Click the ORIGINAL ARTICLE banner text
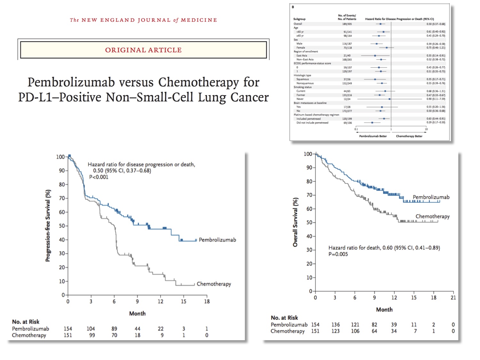pos(143,50)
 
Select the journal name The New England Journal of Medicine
pos(143,20)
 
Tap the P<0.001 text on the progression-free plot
pos(99,177)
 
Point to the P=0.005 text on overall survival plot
pos(338,254)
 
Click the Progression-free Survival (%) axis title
pos(48,226)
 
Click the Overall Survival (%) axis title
pos(295,222)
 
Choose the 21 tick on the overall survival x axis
pos(453,298)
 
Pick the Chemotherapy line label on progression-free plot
pos(214,284)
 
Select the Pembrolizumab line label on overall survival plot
pos(431,197)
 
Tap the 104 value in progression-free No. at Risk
pos(91,329)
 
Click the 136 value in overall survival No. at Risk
pos(335,324)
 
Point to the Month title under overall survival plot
pos(384,309)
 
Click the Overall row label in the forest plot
pos(298,24)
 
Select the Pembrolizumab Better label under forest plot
pos(373,136)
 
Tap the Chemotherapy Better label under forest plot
pos(409,136)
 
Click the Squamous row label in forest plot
pos(302,79)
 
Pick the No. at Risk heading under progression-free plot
pos(26,322)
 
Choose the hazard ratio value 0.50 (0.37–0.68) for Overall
pos(436,24)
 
